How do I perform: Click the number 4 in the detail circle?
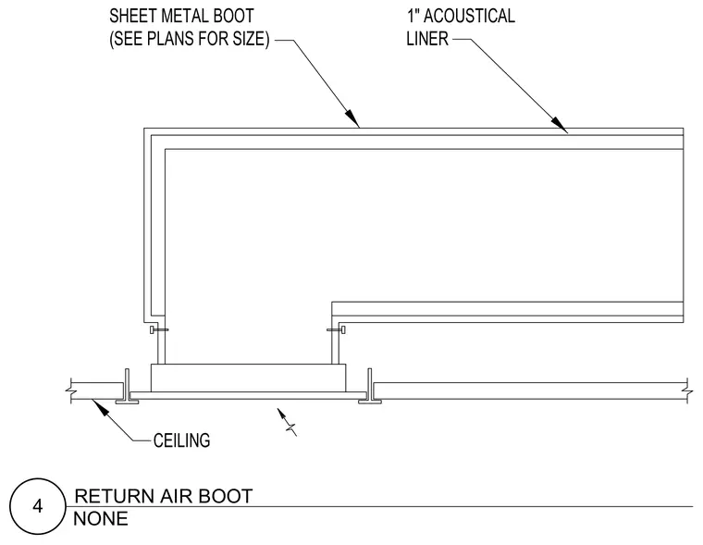[x=38, y=506]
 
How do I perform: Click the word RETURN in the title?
[x=115, y=496]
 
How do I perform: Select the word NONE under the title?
[x=101, y=519]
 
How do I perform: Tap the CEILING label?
[x=181, y=440]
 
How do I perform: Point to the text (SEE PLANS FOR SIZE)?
[x=190, y=39]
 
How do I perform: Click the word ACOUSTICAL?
[x=469, y=16]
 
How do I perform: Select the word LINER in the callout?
[x=427, y=39]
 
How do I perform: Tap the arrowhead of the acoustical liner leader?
[x=560, y=125]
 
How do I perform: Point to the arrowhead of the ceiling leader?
[x=100, y=406]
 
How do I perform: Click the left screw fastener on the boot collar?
[x=159, y=330]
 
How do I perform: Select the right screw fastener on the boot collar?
[x=337, y=330]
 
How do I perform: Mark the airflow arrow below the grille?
[x=287, y=422]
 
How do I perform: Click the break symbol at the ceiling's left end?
[x=71, y=390]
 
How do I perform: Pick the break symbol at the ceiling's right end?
[x=686, y=390]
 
